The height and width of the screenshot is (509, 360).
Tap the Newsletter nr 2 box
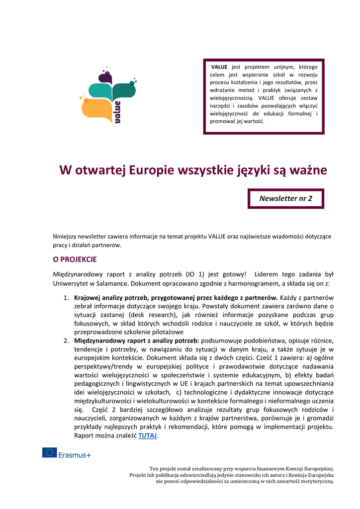(286, 198)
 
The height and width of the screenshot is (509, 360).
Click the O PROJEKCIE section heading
(75, 259)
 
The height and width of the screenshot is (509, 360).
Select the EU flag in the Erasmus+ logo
(49, 452)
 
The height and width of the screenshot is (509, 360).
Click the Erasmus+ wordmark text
(75, 453)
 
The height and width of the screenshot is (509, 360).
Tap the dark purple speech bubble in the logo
(105, 77)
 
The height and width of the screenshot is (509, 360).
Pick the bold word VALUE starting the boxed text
(219, 67)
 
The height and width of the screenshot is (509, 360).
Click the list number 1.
(66, 298)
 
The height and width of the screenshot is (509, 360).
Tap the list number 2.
(66, 340)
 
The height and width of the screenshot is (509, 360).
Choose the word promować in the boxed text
(222, 121)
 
